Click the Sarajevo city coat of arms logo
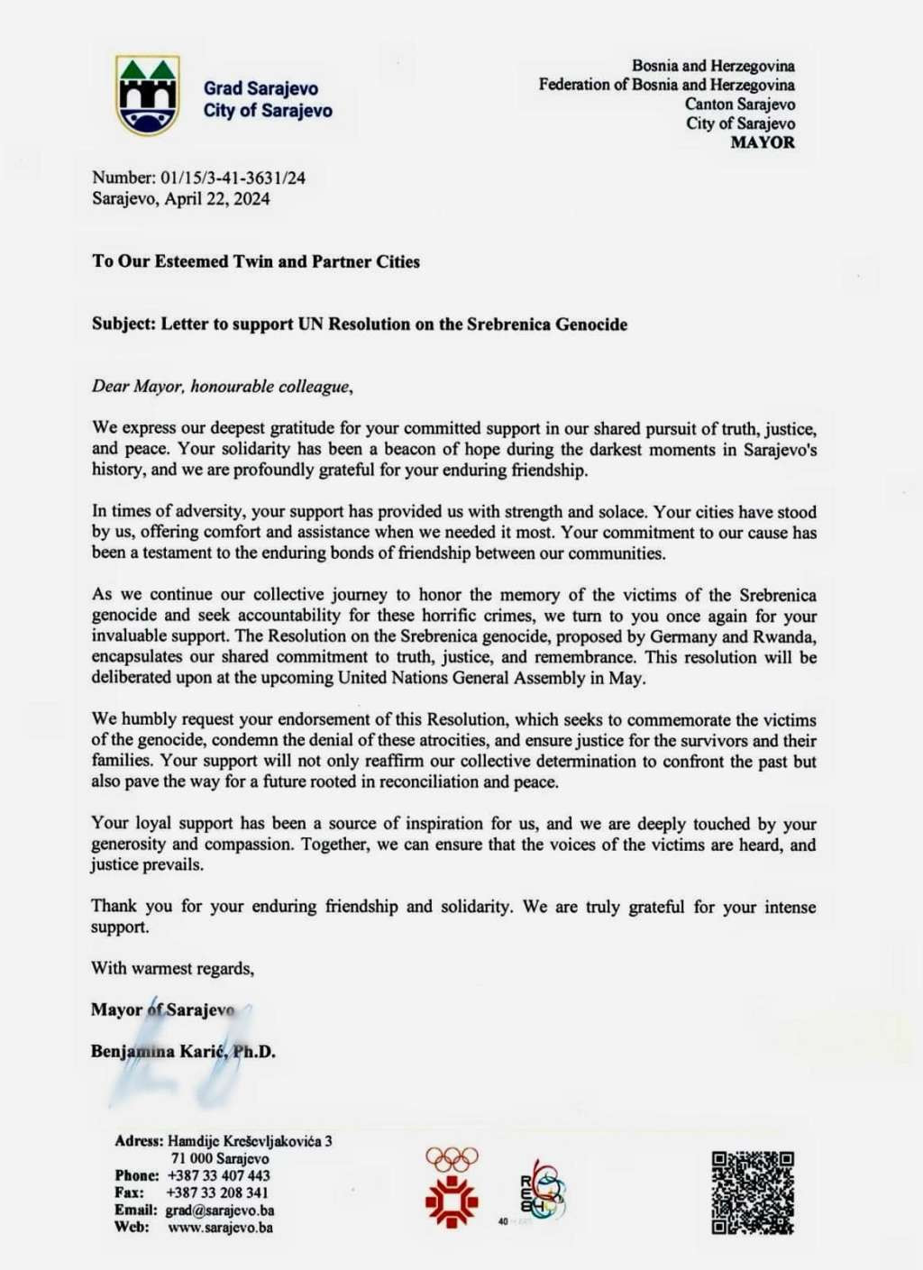148,95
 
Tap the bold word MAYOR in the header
763,142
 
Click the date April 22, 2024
216,198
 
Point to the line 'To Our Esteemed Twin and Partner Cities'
256,261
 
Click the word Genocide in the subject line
590,324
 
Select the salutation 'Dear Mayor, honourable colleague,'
222,387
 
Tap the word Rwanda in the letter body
787,636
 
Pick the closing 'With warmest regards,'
172,968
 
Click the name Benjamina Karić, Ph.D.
183,1051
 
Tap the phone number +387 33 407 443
218,1175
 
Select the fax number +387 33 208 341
218,1192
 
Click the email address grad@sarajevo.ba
220,1210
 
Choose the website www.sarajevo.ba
220,1227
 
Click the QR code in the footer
753,1192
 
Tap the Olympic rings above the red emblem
452,1158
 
